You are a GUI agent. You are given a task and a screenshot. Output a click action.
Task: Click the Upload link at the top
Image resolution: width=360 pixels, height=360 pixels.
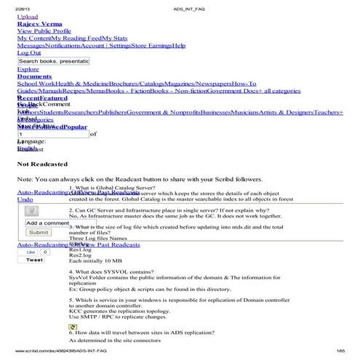(27, 16)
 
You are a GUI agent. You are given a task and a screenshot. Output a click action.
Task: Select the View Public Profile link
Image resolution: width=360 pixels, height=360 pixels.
(44, 31)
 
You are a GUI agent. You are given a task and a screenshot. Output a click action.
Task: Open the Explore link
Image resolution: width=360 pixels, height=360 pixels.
(28, 70)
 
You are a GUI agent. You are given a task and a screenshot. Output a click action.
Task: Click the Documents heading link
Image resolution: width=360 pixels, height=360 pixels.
(34, 76)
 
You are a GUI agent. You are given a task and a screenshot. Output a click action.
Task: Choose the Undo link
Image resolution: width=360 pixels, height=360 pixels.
(25, 199)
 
